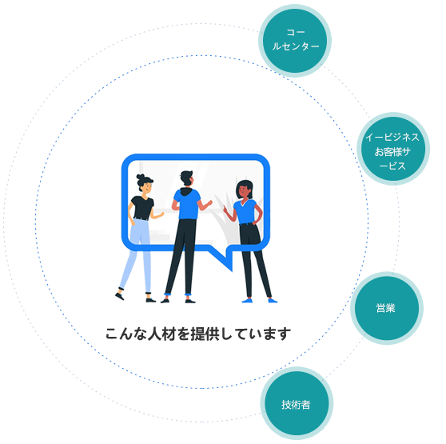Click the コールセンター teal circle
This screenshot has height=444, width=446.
point(295,41)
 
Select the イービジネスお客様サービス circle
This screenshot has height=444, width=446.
point(393,149)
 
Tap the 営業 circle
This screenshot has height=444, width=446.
point(387,308)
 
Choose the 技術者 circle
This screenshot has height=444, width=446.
point(297,403)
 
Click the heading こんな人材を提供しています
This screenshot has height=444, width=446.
point(198,334)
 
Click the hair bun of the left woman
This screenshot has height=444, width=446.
point(140,177)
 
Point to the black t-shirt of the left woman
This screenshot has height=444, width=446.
point(142,208)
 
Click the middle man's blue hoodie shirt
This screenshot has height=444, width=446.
point(187,203)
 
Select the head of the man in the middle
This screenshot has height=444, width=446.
point(187,178)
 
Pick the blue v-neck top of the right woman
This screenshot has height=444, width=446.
point(245,211)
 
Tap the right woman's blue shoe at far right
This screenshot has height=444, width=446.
point(273,300)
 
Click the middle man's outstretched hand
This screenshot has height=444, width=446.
point(209,203)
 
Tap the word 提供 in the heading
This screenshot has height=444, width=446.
point(205,334)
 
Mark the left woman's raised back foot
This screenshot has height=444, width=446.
point(120,296)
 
